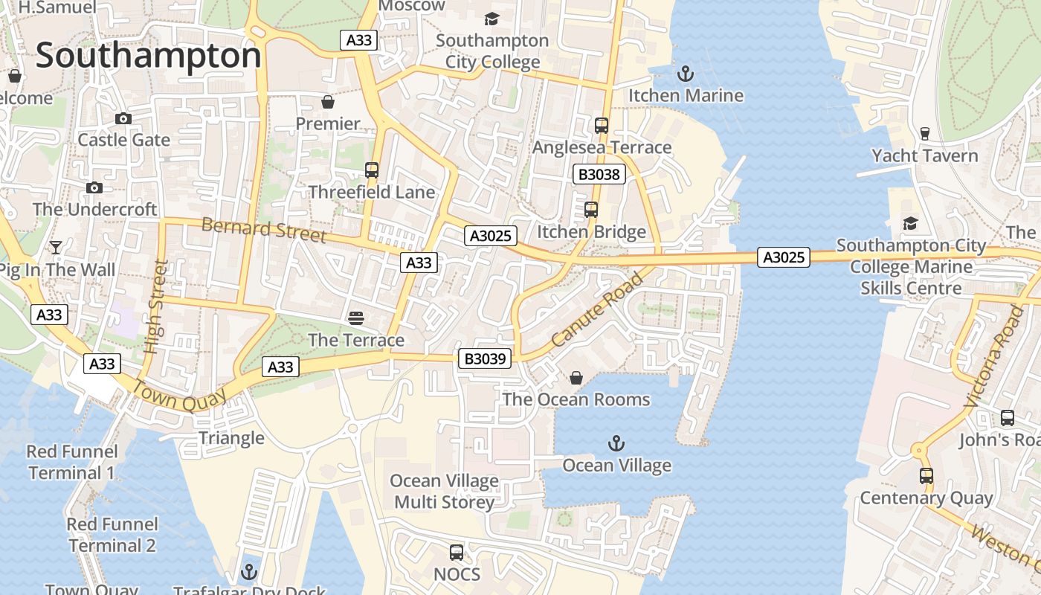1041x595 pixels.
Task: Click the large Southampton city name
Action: (x=149, y=57)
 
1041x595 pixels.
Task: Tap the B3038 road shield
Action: (x=599, y=175)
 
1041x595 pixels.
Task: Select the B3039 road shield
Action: (x=485, y=359)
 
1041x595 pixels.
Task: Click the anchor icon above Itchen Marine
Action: (x=686, y=74)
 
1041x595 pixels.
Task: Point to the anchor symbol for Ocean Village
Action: (x=616, y=444)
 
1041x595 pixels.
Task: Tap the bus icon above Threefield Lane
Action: (x=372, y=170)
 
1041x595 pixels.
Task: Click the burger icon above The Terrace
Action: (x=356, y=318)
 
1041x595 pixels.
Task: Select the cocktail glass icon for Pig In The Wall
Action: (x=56, y=248)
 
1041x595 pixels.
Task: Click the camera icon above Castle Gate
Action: (x=123, y=119)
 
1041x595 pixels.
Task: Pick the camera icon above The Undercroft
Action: (x=94, y=188)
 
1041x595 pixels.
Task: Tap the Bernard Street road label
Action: (x=264, y=230)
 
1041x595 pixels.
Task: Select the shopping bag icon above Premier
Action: (x=328, y=102)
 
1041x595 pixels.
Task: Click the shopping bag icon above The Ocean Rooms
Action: (x=576, y=379)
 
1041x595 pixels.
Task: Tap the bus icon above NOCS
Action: (x=457, y=553)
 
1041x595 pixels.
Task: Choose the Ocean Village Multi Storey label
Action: (x=445, y=492)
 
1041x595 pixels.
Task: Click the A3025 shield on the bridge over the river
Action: (x=784, y=257)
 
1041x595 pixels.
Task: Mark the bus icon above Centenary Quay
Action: (x=926, y=476)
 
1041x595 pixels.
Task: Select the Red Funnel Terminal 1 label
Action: (x=71, y=462)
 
